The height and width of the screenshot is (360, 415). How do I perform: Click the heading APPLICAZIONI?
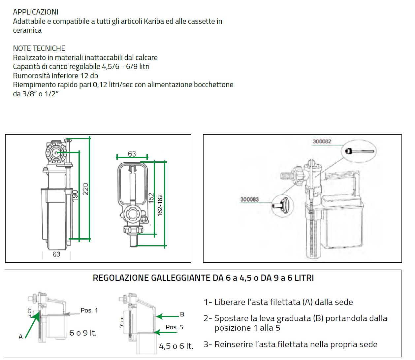(x=36, y=12)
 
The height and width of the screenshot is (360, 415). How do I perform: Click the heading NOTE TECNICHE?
(x=39, y=48)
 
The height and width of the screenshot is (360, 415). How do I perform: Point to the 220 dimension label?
(x=85, y=189)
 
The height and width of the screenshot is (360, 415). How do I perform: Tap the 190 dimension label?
(x=75, y=195)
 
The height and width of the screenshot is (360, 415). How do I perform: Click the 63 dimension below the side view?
(x=56, y=254)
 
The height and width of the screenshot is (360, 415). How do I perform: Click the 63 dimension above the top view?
(x=132, y=153)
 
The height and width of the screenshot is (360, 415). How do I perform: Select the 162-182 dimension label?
(x=160, y=205)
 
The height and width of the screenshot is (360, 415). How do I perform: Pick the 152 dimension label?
(x=151, y=198)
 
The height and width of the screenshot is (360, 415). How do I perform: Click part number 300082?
(x=322, y=141)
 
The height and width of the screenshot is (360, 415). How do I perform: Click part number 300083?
(x=249, y=199)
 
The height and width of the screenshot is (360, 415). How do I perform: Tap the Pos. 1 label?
(x=89, y=311)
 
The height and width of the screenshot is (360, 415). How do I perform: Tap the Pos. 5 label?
(x=174, y=327)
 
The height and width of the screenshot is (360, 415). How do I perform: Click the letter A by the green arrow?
(x=20, y=337)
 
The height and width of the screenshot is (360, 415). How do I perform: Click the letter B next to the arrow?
(x=182, y=314)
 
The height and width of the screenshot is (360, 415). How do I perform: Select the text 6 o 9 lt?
(x=83, y=333)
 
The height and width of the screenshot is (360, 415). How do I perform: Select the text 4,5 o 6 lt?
(x=176, y=346)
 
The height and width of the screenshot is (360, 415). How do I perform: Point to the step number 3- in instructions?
(x=208, y=344)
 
